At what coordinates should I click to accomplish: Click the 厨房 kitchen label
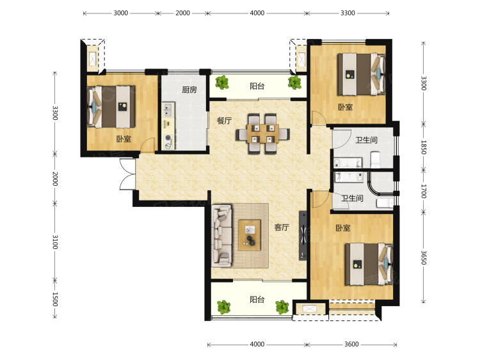tap(189, 90)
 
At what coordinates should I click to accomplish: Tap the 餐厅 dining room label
tap(224, 120)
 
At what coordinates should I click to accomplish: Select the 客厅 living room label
tap(282, 227)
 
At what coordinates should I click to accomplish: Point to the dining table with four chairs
tap(262, 134)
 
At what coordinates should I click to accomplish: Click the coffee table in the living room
tap(250, 235)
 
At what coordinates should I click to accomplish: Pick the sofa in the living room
tap(221, 235)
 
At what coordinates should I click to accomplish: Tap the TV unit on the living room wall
tap(303, 235)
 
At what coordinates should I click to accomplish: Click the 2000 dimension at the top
tap(183, 13)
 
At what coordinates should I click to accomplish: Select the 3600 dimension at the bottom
tap(351, 344)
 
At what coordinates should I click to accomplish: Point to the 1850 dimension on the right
tap(424, 147)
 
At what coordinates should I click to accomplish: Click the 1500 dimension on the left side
tap(55, 299)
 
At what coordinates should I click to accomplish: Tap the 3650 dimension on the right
tap(424, 258)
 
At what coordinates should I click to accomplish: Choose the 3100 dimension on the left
tap(55, 241)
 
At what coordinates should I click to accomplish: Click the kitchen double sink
tap(168, 110)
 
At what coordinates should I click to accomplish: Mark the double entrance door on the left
tap(127, 174)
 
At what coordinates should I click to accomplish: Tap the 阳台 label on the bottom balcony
tap(257, 299)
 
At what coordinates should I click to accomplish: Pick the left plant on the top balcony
tap(222, 82)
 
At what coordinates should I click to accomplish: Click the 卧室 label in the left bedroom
tap(124, 139)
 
